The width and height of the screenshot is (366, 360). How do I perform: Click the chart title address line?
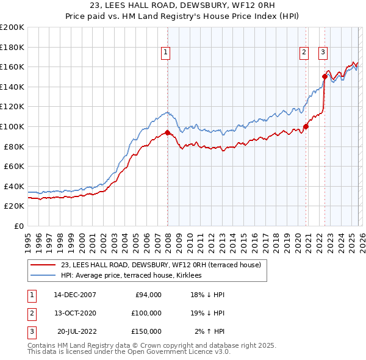coord(182,6)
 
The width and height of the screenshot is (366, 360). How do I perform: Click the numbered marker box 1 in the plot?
coord(165,53)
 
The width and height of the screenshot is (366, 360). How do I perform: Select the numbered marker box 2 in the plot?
coord(304,53)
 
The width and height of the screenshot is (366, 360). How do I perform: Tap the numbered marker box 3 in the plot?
coord(323,53)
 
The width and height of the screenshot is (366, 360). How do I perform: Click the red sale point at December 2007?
coord(167,132)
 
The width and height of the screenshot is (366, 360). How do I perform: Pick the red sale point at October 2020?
coord(306,126)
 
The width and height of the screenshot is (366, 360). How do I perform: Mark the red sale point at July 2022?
coord(325,77)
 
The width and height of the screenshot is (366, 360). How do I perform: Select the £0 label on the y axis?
coord(18,226)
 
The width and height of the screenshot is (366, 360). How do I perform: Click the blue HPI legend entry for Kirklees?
coord(135,276)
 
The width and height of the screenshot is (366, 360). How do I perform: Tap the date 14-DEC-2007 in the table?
coord(74,295)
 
